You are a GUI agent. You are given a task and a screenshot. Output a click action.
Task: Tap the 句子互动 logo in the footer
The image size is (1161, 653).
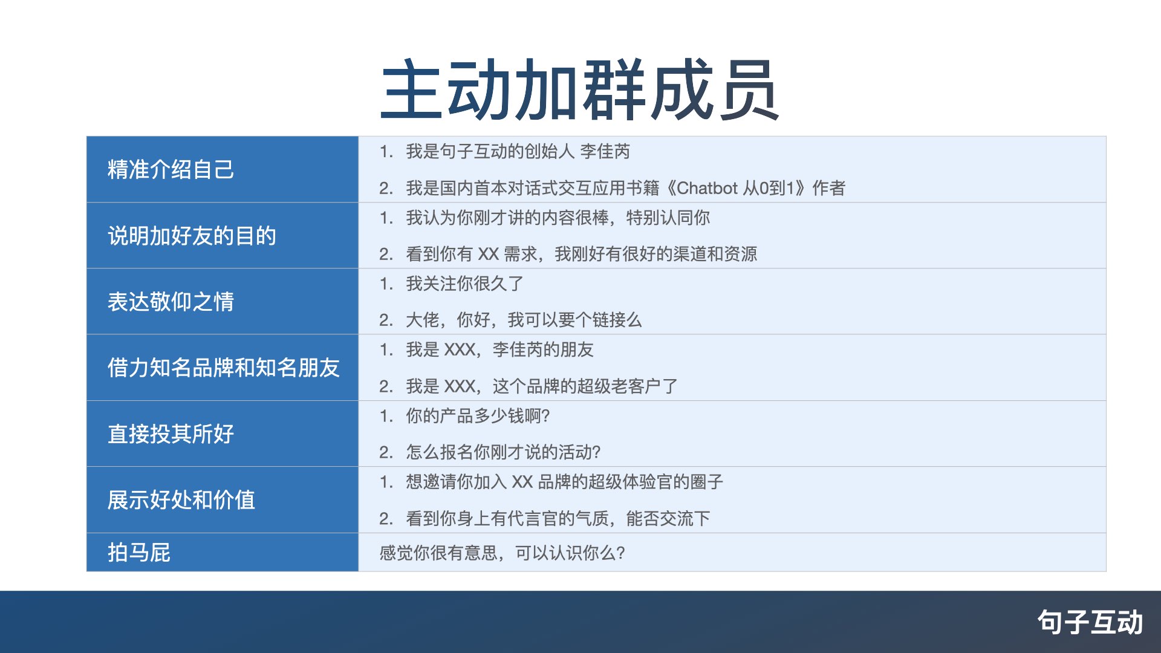(1090, 622)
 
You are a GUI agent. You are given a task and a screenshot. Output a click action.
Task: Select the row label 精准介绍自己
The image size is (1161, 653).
(171, 169)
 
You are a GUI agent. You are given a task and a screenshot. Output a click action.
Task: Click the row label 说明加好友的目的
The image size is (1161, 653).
(192, 235)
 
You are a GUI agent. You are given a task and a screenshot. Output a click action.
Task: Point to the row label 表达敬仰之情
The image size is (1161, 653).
(171, 301)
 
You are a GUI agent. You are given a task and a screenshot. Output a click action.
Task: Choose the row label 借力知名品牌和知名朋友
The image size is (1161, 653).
(223, 367)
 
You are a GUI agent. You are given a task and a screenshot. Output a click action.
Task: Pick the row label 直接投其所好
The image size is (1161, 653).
(171, 434)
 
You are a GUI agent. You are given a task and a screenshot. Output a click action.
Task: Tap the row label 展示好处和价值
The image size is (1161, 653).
(181, 499)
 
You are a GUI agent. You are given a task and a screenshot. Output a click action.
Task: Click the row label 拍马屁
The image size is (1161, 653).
(138, 552)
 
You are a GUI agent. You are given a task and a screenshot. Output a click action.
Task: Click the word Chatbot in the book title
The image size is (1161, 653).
(707, 188)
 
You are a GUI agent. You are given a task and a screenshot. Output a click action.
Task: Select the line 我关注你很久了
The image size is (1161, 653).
(464, 283)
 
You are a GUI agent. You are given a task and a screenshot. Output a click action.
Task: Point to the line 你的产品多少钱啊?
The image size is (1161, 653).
(478, 415)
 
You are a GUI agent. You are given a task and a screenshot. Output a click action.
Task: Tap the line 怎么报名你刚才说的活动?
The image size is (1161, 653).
(503, 452)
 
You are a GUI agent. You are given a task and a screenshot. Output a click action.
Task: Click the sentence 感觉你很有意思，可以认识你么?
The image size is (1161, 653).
(502, 553)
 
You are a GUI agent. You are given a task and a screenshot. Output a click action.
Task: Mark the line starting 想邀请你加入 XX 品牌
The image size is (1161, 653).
(564, 481)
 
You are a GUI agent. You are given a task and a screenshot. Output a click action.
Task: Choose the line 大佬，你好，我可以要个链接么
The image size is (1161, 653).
(524, 319)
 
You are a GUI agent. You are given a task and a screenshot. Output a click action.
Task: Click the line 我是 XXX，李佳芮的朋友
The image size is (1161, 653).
(499, 349)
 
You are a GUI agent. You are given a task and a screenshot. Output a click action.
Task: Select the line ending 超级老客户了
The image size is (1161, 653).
(542, 386)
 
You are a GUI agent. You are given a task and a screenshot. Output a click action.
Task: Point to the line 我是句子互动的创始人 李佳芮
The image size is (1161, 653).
(518, 151)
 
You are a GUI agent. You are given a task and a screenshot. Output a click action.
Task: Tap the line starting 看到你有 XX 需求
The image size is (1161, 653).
(581, 253)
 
